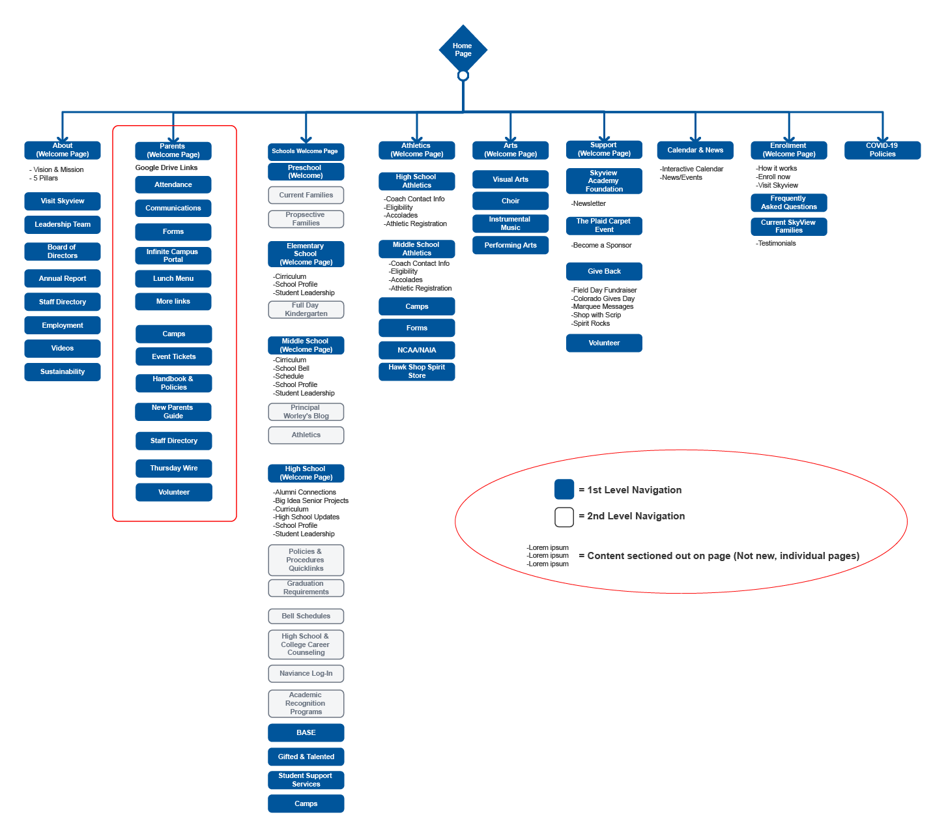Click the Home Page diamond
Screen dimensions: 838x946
coord(463,49)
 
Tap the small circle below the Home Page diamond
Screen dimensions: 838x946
coord(463,76)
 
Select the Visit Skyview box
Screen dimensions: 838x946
coord(63,201)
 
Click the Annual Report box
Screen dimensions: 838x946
coord(63,278)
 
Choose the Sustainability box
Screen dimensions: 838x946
coord(63,371)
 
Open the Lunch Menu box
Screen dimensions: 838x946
coord(173,278)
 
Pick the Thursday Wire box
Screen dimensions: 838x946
coord(174,468)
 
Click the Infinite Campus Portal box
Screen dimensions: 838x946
coord(173,255)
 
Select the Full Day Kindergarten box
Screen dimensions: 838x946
coord(306,310)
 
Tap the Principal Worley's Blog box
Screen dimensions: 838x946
coord(306,412)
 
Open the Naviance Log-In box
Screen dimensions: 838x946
coord(306,673)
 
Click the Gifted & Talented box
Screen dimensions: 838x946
coord(306,757)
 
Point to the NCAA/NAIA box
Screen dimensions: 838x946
coord(417,350)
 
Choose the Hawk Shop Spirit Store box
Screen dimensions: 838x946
coord(417,371)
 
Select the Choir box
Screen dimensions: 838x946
coord(511,201)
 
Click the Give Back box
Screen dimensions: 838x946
coord(604,271)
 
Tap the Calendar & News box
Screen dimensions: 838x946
coord(695,150)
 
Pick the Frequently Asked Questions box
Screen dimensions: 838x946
coord(789,203)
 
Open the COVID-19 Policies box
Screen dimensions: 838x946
coord(882,150)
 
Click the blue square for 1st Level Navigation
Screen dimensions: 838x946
coord(564,489)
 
